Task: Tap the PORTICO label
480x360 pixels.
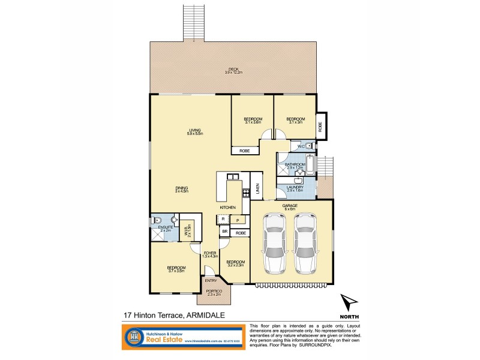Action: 214,292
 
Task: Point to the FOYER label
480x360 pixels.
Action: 209,254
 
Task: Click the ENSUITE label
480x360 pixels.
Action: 166,229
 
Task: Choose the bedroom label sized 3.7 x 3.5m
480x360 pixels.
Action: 176,269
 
